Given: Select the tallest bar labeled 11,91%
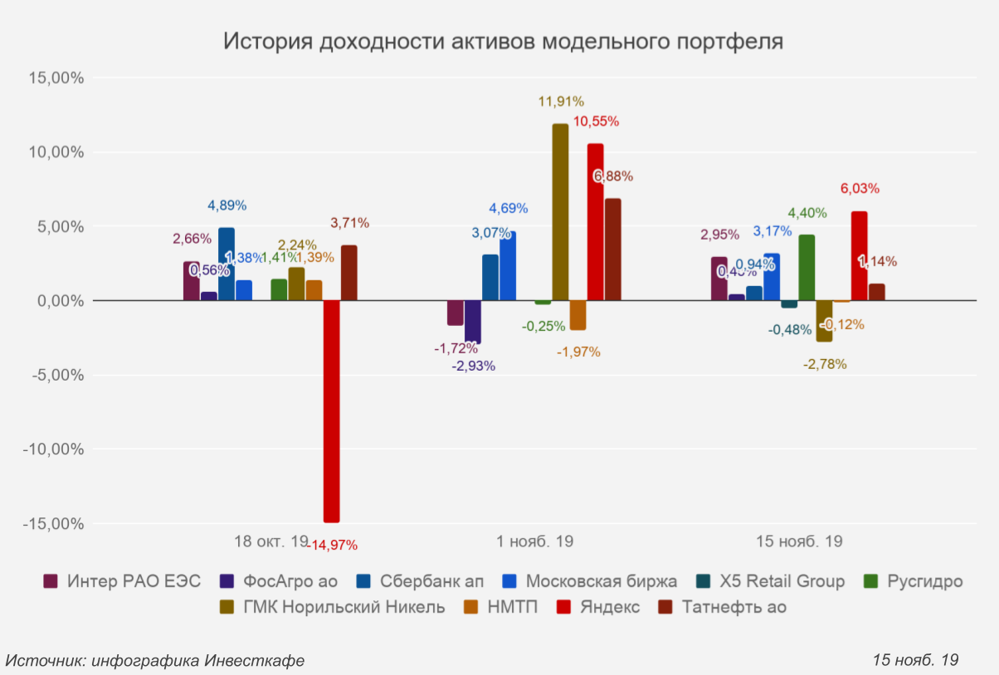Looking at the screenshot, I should coord(560,212).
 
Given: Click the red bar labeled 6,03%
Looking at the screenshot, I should coord(859,256).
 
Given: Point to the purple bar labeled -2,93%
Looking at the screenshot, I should coord(473,321).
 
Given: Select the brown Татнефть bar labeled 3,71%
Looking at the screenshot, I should coord(349,273).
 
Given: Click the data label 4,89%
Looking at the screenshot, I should coord(227,206).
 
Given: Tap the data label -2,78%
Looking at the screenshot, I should coord(826,364).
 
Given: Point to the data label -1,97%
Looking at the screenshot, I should coord(578,352).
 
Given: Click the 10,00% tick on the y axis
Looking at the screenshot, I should coord(56,153).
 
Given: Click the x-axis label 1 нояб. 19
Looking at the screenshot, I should coord(535,542).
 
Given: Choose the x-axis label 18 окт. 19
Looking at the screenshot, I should coord(270,542).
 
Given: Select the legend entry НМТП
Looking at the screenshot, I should coord(513,607).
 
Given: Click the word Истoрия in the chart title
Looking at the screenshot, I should coord(265,41).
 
